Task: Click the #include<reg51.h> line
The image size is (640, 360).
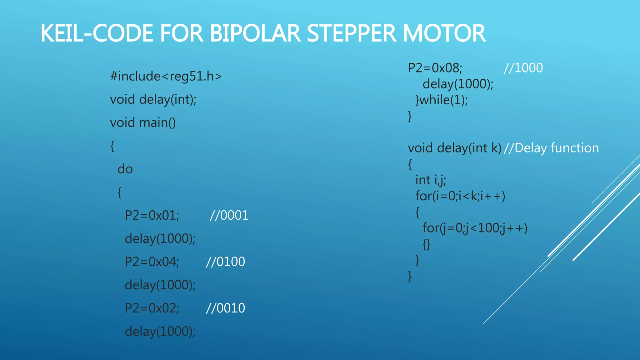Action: click(166, 76)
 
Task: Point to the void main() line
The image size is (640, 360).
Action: click(143, 122)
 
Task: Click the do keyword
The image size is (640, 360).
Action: click(125, 169)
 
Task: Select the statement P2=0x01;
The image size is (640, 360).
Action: click(152, 215)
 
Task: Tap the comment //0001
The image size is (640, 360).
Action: click(229, 215)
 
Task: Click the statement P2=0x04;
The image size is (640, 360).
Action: click(152, 262)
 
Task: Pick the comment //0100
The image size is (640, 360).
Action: click(225, 262)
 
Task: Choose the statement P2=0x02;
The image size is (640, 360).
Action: click(152, 308)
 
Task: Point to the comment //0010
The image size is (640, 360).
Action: click(225, 308)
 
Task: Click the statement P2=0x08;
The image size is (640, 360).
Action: click(435, 68)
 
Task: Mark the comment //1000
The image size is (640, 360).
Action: click(523, 68)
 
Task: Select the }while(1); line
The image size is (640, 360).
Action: click(442, 100)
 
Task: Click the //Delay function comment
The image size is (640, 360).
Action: click(551, 148)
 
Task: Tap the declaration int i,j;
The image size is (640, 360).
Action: click(431, 180)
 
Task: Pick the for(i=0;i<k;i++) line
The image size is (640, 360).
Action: click(460, 196)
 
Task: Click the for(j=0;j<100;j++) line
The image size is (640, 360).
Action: click(475, 228)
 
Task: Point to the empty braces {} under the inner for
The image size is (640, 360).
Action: click(427, 244)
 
